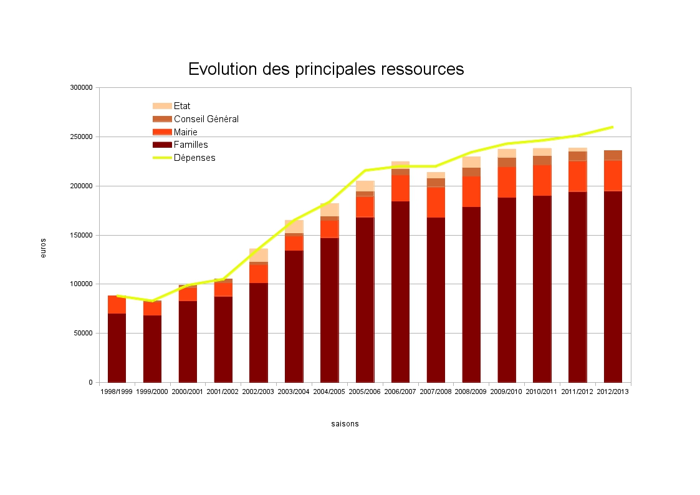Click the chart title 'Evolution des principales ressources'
326,69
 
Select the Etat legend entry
182,106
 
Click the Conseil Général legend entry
206,119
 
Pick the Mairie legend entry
185,132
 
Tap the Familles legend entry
191,145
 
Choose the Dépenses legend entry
194,158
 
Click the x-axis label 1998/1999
117,392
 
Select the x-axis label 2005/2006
365,392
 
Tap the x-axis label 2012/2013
613,392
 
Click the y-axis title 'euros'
43,248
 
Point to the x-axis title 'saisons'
345,424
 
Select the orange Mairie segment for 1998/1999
117,304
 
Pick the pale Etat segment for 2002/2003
259,255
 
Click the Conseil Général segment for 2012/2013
613,155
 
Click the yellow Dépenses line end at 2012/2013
613,127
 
